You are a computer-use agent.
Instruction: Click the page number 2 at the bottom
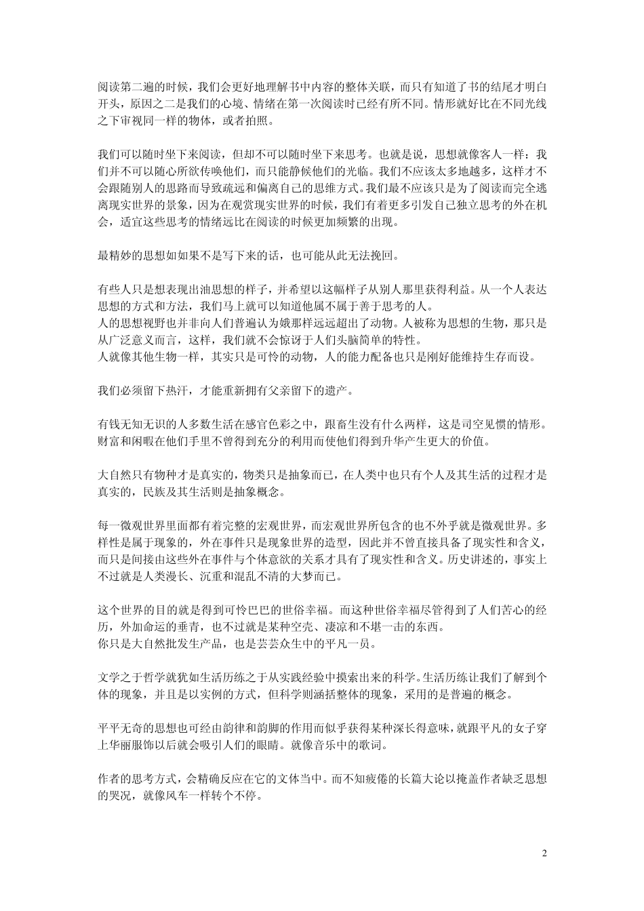coord(544,852)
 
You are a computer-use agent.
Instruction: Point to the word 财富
coord(110,440)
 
